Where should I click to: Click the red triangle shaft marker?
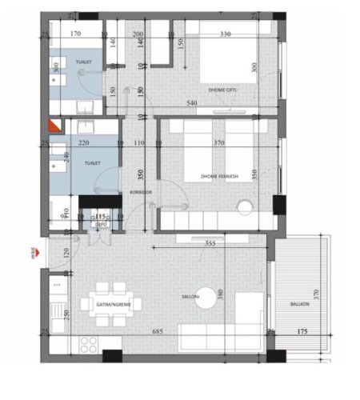(54, 126)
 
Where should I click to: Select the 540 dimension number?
(192, 103)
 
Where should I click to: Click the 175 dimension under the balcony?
(302, 330)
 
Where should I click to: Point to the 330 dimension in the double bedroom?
(225, 34)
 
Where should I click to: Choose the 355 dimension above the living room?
(210, 244)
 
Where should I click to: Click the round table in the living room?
(207, 295)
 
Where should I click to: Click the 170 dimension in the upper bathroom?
(75, 34)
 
